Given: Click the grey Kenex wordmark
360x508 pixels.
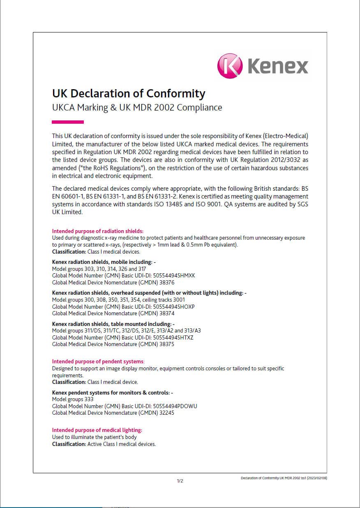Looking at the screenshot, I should click(x=277, y=66).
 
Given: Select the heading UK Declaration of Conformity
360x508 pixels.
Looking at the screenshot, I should click(x=128, y=93).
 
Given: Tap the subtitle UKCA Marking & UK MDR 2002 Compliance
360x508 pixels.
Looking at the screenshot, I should click(x=137, y=108).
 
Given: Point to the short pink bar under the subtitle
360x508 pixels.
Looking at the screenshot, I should click(x=68, y=122).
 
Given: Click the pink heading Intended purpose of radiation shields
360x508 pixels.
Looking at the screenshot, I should click(x=97, y=231).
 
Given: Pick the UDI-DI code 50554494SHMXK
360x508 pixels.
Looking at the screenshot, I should click(x=174, y=276).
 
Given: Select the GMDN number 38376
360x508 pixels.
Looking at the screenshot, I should click(x=167, y=282).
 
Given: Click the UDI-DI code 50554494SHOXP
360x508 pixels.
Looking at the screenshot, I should click(x=173, y=307).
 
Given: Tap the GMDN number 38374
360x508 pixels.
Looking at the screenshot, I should click(x=167, y=313).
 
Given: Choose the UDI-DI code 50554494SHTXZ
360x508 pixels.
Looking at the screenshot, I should click(x=173, y=337).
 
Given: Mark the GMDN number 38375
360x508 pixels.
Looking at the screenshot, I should click(x=167, y=344).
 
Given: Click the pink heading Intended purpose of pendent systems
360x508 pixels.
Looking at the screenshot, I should click(x=98, y=362).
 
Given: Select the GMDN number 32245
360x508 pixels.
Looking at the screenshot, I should click(x=167, y=413).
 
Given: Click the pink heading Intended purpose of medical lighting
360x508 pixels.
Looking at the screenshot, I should click(x=97, y=430).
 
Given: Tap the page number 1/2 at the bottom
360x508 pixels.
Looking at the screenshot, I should click(x=180, y=481).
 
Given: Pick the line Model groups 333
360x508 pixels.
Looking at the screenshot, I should click(x=73, y=399).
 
